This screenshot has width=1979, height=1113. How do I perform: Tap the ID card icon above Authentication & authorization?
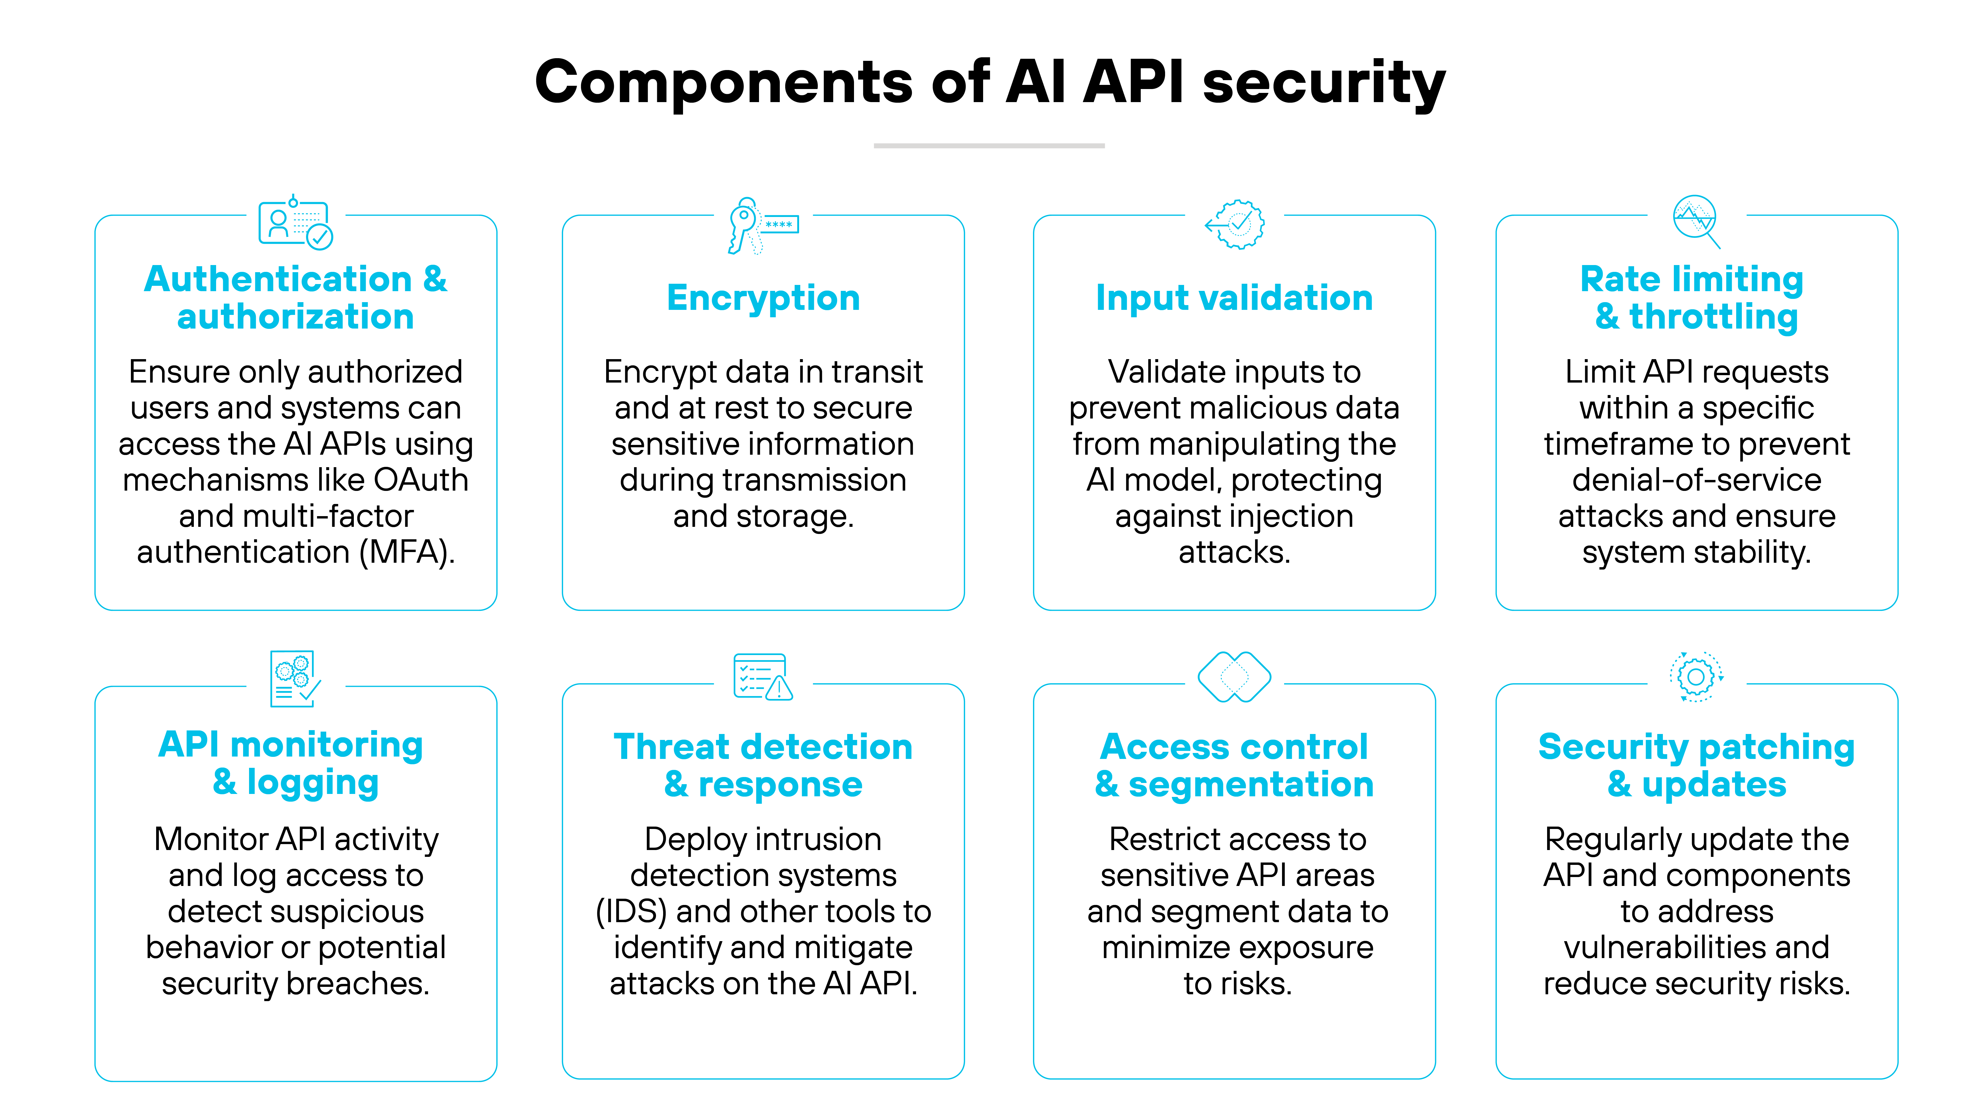[295, 223]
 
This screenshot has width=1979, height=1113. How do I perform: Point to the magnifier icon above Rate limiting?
[1696, 221]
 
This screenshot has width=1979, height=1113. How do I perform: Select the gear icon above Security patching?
[1696, 677]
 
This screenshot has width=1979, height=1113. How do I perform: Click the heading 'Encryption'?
[763, 298]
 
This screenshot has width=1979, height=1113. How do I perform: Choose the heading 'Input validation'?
[1234, 298]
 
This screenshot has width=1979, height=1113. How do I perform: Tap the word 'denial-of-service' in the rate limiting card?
[1696, 480]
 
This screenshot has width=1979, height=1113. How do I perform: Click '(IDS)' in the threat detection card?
[631, 912]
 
